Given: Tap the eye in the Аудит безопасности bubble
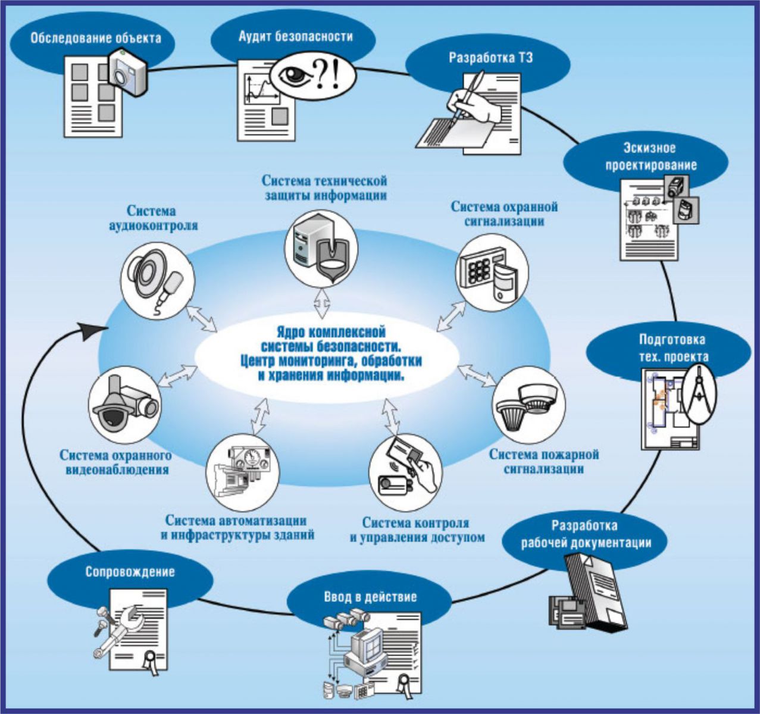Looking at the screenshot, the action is pyautogui.click(x=296, y=75).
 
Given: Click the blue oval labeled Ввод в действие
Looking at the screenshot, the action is pyautogui.click(x=370, y=597).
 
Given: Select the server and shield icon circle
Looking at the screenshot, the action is pyautogui.click(x=321, y=250).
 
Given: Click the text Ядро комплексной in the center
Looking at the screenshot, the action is pyautogui.click(x=330, y=331).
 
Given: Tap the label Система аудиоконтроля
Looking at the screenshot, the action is pyautogui.click(x=152, y=218).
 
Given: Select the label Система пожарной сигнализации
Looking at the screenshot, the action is pyautogui.click(x=544, y=462).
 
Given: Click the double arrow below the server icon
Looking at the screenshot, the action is pyautogui.click(x=322, y=303).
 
